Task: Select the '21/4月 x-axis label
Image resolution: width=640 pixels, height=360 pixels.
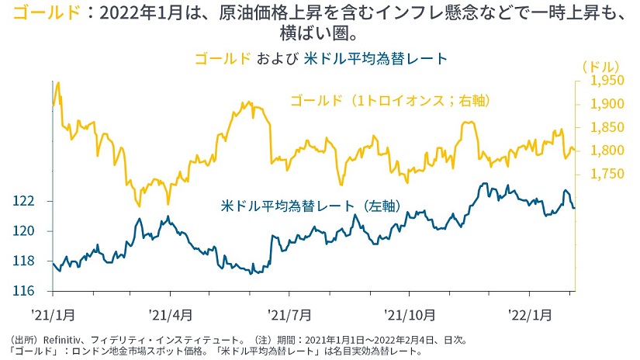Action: [170, 314]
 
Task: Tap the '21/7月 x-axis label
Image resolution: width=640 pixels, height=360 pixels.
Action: [289, 314]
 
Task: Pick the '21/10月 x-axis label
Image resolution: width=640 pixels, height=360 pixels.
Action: [409, 314]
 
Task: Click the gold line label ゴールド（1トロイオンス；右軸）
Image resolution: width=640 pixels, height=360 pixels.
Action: [393, 101]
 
